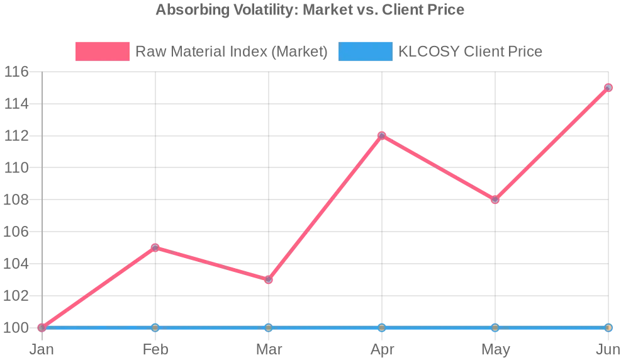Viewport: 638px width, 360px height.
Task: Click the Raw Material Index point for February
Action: (x=155, y=247)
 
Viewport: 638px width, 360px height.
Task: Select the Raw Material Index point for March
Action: (x=269, y=279)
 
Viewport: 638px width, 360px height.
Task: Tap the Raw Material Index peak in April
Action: (x=382, y=135)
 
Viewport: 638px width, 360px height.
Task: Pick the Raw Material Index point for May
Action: (x=495, y=200)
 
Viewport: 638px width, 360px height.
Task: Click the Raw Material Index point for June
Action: (x=608, y=87)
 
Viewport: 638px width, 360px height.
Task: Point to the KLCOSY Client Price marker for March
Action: (x=269, y=327)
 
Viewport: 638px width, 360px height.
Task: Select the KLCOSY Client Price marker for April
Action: (x=382, y=327)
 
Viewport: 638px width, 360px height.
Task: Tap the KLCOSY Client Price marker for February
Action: (x=155, y=327)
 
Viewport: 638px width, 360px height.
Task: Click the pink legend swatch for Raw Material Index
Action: (x=102, y=52)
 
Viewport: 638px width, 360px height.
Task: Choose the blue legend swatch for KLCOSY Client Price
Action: (x=365, y=52)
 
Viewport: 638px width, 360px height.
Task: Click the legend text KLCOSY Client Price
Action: (x=470, y=52)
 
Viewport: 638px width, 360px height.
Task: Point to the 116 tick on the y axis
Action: (x=17, y=72)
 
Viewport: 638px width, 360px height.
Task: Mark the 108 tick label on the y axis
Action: (x=17, y=200)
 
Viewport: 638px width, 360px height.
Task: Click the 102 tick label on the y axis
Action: (x=17, y=296)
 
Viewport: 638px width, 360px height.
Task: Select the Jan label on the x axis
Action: (x=42, y=349)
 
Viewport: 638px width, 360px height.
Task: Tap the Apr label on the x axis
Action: (x=382, y=349)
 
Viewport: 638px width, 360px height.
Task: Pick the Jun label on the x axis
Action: (x=608, y=349)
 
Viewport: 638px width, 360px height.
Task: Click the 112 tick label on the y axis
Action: (x=17, y=136)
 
